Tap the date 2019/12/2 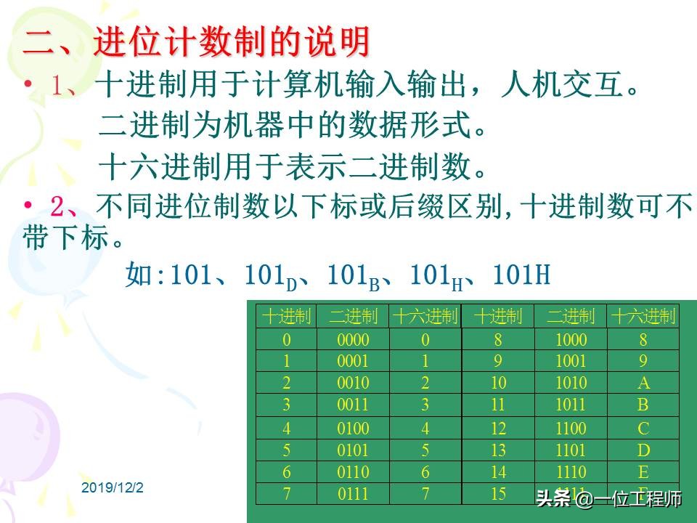point(113,487)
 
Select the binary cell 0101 point(353,450)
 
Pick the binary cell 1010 point(571,384)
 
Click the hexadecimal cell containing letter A point(643,384)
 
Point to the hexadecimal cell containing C point(643,429)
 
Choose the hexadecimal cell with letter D point(643,450)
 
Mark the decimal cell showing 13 point(498,450)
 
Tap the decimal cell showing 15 point(498,494)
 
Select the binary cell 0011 point(353,405)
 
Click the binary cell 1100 point(571,429)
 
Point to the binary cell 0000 point(353,340)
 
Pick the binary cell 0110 point(353,472)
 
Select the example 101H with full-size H point(521,275)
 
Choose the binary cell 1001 point(571,362)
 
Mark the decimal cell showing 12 point(498,429)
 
